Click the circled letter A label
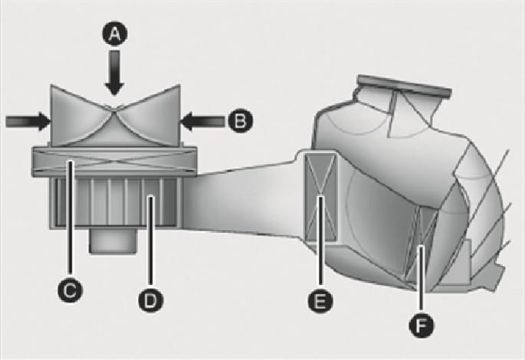(x=114, y=34)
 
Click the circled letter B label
(x=241, y=120)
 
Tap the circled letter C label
(x=70, y=290)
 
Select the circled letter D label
(x=151, y=299)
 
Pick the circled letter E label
(x=320, y=300)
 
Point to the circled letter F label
(x=422, y=326)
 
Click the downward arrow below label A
(x=114, y=73)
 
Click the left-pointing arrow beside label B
(x=203, y=121)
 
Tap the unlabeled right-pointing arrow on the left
(x=28, y=121)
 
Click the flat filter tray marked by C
(x=114, y=162)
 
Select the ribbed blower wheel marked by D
(x=116, y=202)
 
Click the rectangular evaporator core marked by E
(x=321, y=197)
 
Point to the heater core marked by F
(x=422, y=244)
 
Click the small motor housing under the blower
(x=113, y=241)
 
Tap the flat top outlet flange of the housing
(x=404, y=86)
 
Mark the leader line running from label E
(x=321, y=243)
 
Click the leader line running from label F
(x=422, y=280)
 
